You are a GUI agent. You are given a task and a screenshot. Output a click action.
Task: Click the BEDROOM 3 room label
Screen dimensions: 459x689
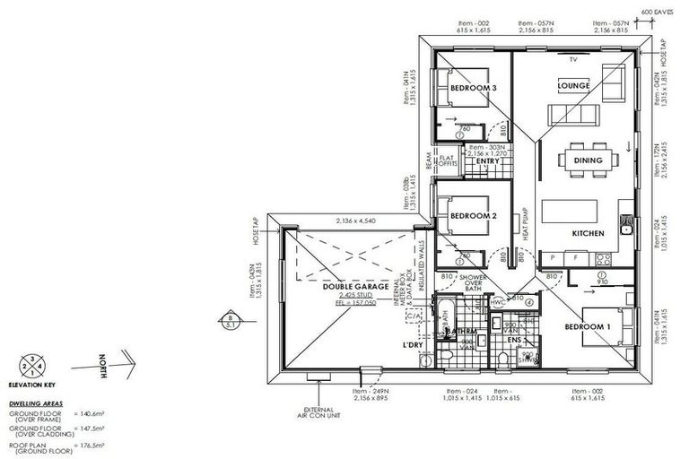[x=473, y=88]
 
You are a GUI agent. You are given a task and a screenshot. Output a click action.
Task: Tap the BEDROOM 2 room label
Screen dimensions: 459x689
[x=473, y=216]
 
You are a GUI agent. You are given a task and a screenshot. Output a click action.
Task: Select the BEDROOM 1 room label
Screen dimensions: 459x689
[x=588, y=326]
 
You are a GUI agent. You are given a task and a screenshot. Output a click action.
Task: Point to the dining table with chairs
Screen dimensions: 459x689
[x=588, y=160]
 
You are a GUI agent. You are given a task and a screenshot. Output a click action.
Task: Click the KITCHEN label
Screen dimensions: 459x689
[x=588, y=233]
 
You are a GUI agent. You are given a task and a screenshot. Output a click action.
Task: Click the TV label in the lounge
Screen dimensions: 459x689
[x=571, y=59]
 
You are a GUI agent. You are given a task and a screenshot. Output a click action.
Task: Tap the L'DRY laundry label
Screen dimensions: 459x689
[x=413, y=345]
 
